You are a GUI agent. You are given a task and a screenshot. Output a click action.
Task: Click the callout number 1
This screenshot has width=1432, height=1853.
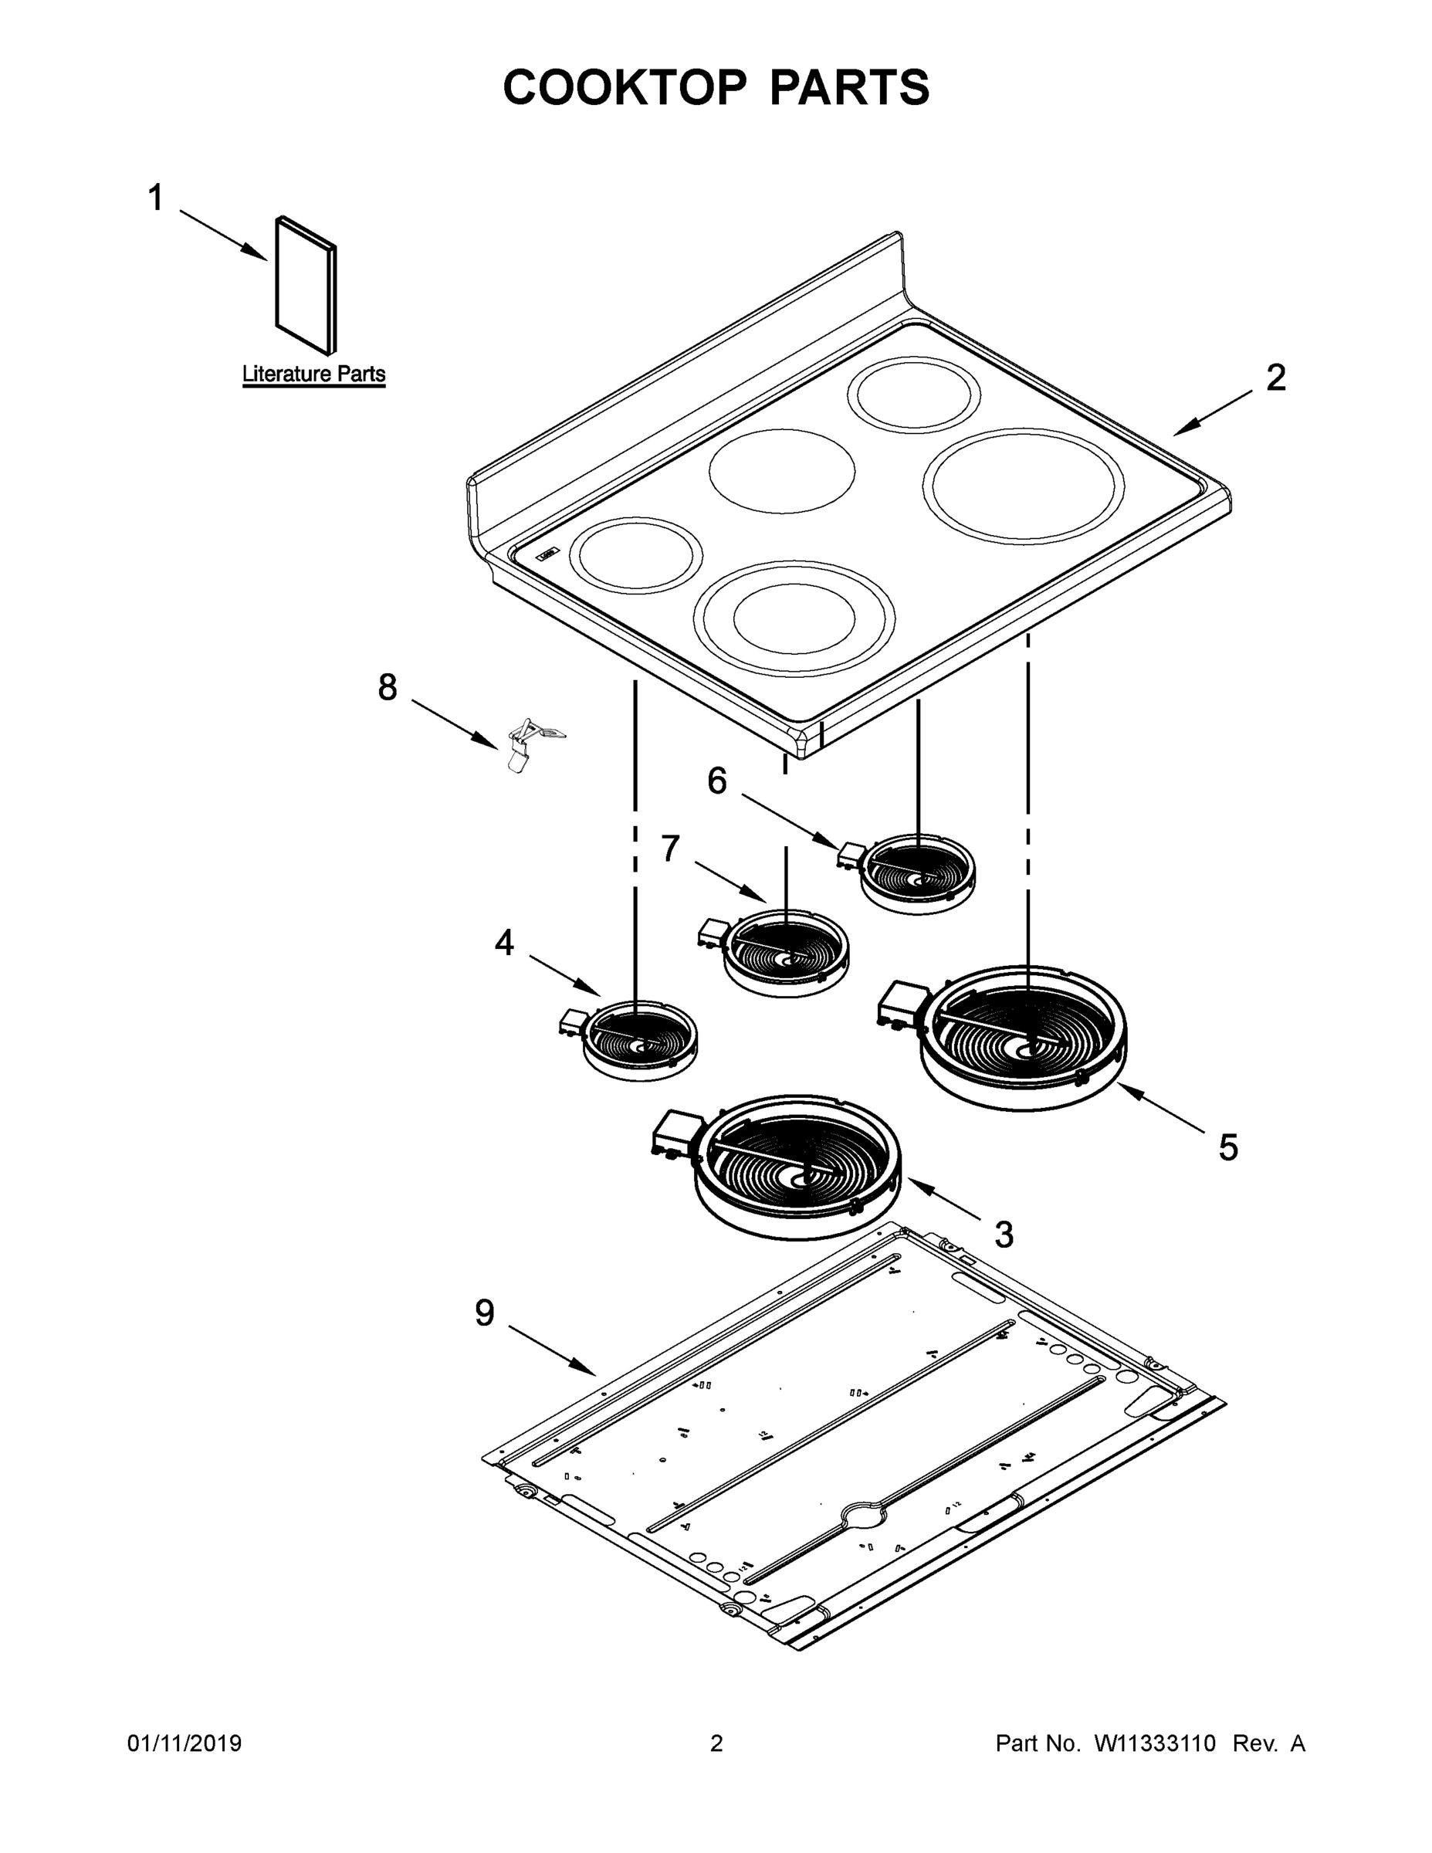tap(155, 198)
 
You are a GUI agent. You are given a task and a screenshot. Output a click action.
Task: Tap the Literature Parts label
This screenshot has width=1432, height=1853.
tap(313, 374)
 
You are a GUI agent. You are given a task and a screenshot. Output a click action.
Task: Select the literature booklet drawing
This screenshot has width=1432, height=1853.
tap(306, 285)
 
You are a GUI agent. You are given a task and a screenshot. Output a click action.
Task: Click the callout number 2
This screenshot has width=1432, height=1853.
tap(1275, 378)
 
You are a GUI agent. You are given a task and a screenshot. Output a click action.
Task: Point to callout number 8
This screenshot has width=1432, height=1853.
tap(387, 687)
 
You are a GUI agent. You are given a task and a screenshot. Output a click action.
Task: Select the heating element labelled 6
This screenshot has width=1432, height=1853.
tap(916, 874)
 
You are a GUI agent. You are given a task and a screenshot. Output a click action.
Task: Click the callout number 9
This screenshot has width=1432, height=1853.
tap(484, 1313)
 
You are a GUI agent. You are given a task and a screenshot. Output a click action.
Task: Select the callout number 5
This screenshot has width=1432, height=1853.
tap(1227, 1148)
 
